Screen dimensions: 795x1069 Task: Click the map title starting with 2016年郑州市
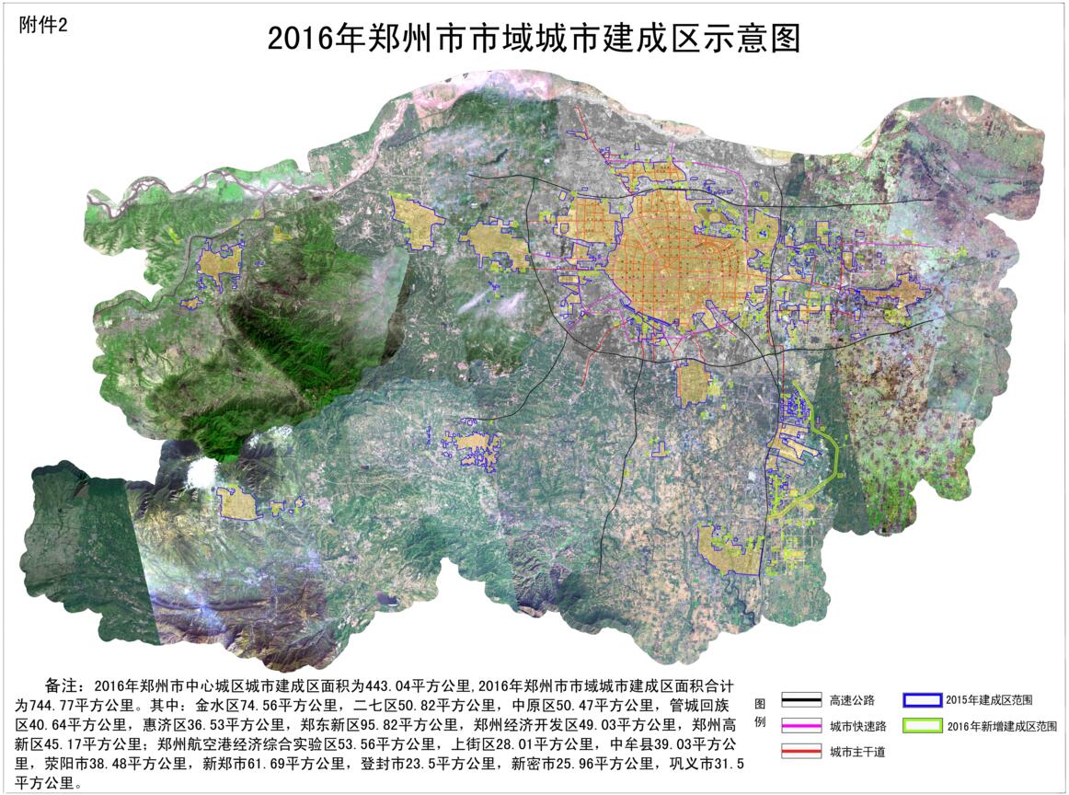pos(534,39)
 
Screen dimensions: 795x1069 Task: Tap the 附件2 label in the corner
pos(43,26)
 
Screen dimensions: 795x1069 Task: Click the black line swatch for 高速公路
pos(799,699)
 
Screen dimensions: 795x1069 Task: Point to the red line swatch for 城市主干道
pos(799,751)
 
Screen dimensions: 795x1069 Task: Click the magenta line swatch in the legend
pos(799,725)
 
